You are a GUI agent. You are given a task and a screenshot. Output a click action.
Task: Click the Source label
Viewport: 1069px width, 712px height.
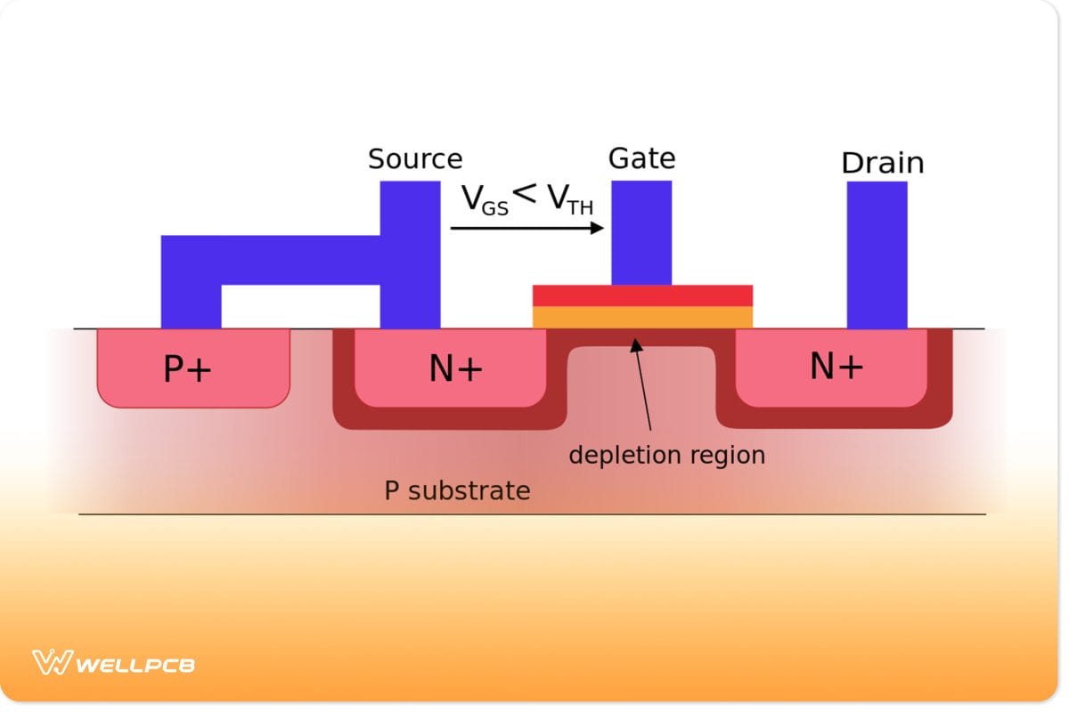(415, 159)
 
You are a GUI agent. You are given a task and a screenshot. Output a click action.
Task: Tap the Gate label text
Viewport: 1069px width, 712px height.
(641, 158)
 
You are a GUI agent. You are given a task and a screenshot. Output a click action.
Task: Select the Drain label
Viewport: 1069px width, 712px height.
(882, 163)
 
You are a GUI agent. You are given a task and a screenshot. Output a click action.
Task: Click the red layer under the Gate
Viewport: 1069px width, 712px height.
(642, 295)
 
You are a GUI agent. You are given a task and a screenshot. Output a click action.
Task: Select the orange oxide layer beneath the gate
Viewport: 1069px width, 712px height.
(642, 317)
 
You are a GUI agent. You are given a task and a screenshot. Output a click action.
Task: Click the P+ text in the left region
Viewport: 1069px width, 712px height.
(187, 368)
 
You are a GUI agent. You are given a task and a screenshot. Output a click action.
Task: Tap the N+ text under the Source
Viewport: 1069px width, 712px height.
(455, 368)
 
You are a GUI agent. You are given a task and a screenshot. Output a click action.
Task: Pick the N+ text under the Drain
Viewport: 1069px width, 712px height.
(836, 366)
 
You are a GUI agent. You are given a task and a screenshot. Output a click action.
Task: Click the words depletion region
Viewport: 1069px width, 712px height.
(666, 455)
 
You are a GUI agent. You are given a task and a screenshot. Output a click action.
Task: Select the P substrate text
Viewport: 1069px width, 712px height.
(457, 489)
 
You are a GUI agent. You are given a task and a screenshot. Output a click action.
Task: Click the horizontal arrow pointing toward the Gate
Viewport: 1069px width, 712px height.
(526, 229)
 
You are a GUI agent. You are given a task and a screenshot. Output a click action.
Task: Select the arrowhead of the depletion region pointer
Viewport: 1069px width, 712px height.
(635, 344)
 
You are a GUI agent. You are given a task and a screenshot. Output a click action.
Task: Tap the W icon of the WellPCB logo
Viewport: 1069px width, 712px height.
(52, 662)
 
